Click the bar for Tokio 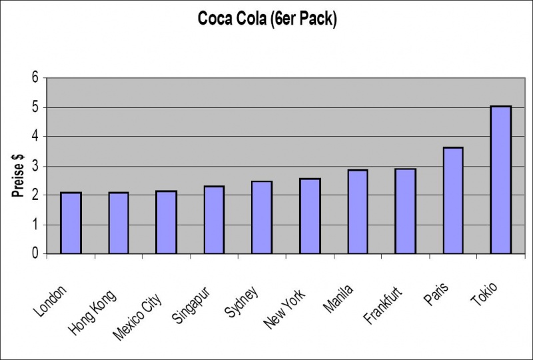tap(500, 180)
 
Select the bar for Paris tap(452, 201)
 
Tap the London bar tap(71, 223)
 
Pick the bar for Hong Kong tap(119, 223)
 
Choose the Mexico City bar tap(166, 223)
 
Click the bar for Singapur tap(214, 220)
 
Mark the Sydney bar tap(262, 217)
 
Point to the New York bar tap(310, 216)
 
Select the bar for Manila tap(357, 212)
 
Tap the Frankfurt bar tap(405, 211)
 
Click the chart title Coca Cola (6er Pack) tap(267, 19)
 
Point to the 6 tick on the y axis tap(35, 78)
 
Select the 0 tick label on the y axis tap(35, 254)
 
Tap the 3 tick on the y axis tap(35, 166)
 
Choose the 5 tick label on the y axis tap(35, 107)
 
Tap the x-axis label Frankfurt tap(384, 305)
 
